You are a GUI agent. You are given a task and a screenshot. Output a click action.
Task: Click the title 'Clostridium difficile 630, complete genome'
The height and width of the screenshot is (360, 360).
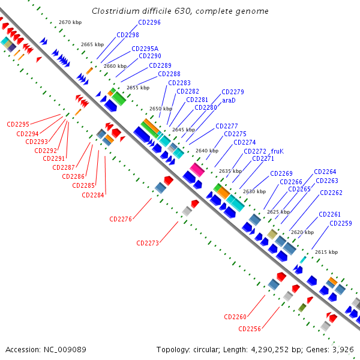(x=180, y=11)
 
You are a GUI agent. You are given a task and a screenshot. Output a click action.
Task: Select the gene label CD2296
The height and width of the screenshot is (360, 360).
(x=149, y=22)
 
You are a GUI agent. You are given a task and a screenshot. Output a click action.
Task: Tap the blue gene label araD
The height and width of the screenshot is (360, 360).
(x=229, y=100)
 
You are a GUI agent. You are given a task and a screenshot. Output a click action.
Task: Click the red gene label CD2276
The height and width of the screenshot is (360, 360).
(x=121, y=219)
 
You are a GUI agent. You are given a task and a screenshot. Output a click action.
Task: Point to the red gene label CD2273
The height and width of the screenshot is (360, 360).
(x=148, y=243)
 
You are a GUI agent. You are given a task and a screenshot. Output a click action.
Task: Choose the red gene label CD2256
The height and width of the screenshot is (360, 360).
(x=250, y=328)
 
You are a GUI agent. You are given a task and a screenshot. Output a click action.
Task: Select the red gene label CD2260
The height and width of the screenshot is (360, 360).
(x=235, y=316)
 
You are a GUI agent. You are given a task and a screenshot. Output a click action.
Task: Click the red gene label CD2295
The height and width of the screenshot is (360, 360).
(x=18, y=124)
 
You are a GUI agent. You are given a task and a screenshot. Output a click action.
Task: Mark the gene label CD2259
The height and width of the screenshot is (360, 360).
(x=341, y=223)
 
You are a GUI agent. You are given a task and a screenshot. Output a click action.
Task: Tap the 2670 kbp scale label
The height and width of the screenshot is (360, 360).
(x=70, y=22)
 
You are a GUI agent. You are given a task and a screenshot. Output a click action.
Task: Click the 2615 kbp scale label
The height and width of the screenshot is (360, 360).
(x=326, y=252)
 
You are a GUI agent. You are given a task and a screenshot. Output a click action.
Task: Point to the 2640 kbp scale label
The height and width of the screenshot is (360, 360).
(x=207, y=151)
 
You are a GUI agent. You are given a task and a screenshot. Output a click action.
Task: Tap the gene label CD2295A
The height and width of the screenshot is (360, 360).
(x=145, y=49)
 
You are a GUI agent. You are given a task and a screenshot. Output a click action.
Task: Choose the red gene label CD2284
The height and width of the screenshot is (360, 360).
(x=93, y=195)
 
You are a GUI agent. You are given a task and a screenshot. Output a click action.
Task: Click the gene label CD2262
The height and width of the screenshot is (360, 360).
(x=331, y=193)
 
